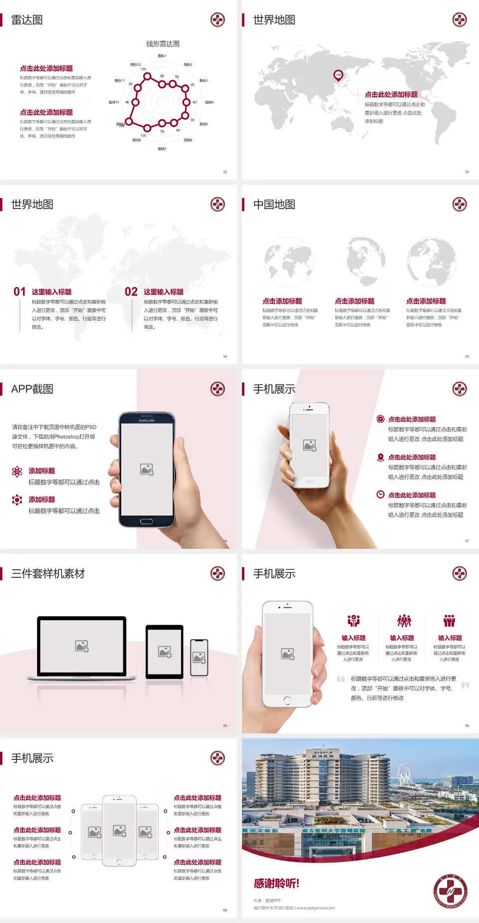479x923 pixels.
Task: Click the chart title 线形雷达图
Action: coord(163,44)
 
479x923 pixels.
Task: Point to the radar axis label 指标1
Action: coord(162,56)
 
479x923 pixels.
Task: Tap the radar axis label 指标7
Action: coord(162,149)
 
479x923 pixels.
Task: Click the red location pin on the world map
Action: coord(338,75)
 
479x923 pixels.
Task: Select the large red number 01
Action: coord(19,292)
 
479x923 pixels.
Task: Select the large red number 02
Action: coord(131,292)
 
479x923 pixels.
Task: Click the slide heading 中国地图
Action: coord(274,205)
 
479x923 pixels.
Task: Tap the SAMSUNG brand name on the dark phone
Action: coord(147,421)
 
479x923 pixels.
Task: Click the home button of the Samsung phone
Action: coord(146,521)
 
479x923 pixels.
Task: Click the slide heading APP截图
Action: coord(32,389)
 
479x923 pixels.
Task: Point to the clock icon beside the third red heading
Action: coord(380,494)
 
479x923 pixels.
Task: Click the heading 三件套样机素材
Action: coord(48,574)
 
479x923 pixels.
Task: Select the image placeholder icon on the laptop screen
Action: coord(82,646)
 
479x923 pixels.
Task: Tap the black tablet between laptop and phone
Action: coord(164,651)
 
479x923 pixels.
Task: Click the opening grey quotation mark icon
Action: coord(341,679)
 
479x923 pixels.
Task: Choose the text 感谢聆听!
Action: coord(276,884)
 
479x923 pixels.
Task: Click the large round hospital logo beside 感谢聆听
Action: coord(450,892)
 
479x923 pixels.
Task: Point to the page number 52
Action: coord(225,172)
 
